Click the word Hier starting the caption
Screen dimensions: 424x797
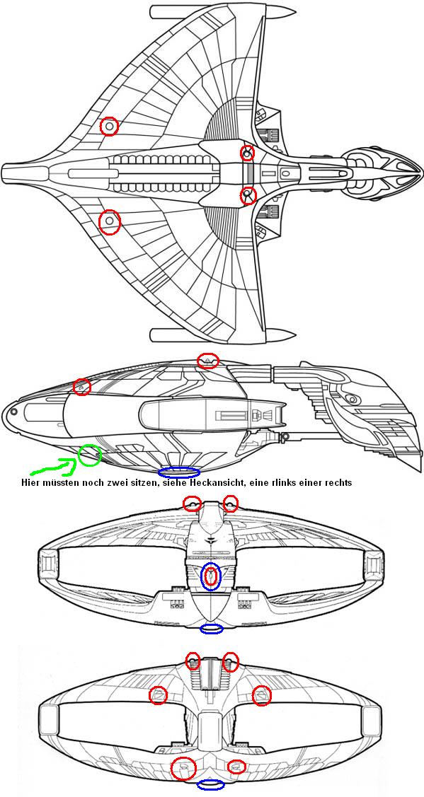click(30, 482)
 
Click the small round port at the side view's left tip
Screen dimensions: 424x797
click(14, 411)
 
